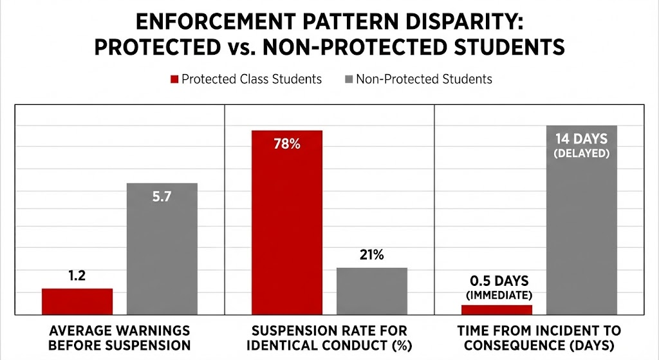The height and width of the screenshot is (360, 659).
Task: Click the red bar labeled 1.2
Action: [x=77, y=301]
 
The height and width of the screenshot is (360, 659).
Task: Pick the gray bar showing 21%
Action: [x=371, y=290]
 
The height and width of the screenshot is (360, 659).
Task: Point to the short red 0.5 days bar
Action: [x=497, y=310]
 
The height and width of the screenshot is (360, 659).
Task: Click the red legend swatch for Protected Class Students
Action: [x=173, y=79]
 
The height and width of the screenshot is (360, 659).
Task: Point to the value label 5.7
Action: [x=162, y=197]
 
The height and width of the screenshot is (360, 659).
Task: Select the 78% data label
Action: [x=287, y=144]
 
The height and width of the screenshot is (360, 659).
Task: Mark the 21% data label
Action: [x=371, y=254]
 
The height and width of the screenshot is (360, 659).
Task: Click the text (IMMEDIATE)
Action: [x=499, y=296]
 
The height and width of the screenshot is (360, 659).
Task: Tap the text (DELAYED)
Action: [x=582, y=153]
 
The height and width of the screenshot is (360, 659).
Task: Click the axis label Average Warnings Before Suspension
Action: [x=120, y=337]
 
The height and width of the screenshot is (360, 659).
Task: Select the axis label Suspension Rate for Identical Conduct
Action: [x=329, y=337]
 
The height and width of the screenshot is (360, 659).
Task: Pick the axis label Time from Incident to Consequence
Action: [x=539, y=337]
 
